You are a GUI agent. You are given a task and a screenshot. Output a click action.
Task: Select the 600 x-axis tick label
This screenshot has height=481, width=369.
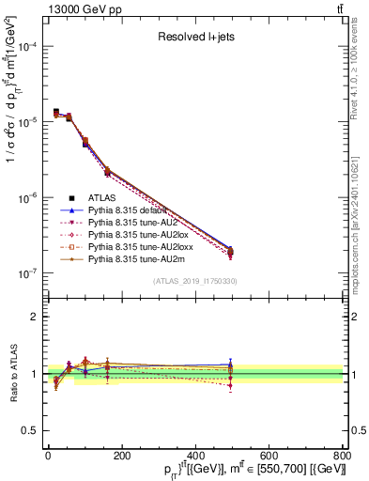pyautogui.click(x=269, y=456)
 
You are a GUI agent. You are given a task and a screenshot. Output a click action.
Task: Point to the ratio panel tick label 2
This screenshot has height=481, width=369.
pyautogui.click(x=34, y=317)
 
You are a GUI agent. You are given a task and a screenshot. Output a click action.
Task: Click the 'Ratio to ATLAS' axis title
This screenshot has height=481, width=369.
pyautogui.click(x=11, y=374)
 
